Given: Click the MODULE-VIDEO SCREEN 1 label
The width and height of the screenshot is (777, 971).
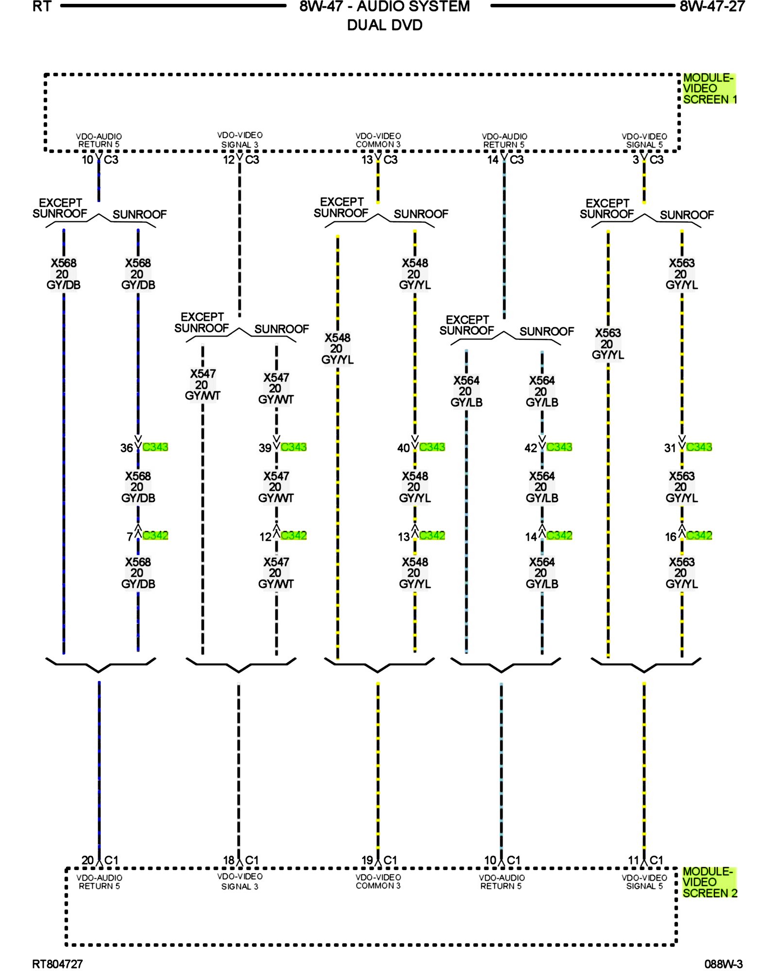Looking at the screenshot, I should pyautogui.click(x=709, y=88).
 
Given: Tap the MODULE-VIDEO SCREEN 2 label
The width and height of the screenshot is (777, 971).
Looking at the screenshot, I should pyautogui.click(x=709, y=882).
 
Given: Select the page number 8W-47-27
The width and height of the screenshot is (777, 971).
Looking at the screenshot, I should pyautogui.click(x=712, y=6).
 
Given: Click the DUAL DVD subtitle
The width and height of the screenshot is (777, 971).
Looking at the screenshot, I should pyautogui.click(x=385, y=25).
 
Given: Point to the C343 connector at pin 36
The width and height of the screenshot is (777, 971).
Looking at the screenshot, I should pyautogui.click(x=155, y=447).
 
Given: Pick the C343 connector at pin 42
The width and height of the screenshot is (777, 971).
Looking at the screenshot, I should pyautogui.click(x=559, y=447).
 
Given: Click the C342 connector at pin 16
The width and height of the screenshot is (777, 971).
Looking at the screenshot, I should pyautogui.click(x=699, y=536).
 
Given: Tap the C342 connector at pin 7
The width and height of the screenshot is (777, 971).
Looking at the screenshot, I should pyautogui.click(x=155, y=536).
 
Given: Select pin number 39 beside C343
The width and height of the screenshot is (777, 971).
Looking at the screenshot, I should pyautogui.click(x=265, y=448).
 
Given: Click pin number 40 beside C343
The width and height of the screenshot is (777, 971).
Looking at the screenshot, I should pyautogui.click(x=404, y=448).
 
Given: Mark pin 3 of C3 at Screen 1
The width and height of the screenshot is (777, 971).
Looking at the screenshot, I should pyautogui.click(x=636, y=160).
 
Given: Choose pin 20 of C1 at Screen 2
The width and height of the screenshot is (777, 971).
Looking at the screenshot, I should pyautogui.click(x=87, y=860).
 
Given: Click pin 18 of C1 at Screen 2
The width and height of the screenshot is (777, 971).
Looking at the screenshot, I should pyautogui.click(x=229, y=860).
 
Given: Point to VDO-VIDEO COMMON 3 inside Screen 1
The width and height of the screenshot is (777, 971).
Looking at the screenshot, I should pyautogui.click(x=378, y=140).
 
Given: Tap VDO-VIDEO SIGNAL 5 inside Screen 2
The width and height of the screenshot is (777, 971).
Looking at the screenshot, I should pyautogui.click(x=644, y=882).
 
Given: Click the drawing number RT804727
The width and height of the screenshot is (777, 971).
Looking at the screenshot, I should pyautogui.click(x=57, y=964).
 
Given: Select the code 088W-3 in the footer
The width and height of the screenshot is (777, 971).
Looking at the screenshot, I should pyautogui.click(x=724, y=964).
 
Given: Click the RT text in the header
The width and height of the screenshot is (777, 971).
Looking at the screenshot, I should pyautogui.click(x=42, y=6).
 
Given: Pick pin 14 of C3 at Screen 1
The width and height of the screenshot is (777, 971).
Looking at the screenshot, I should pyautogui.click(x=493, y=160).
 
